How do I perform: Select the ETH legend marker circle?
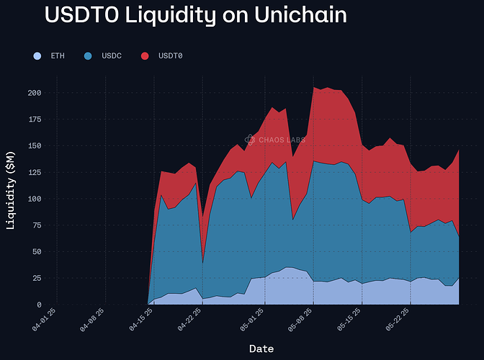point(37,55)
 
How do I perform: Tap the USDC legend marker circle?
point(88,55)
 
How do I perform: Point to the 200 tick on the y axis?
point(33,93)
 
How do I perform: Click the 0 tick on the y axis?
point(38,305)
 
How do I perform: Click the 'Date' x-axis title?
point(261,348)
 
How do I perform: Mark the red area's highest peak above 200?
point(315,87)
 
